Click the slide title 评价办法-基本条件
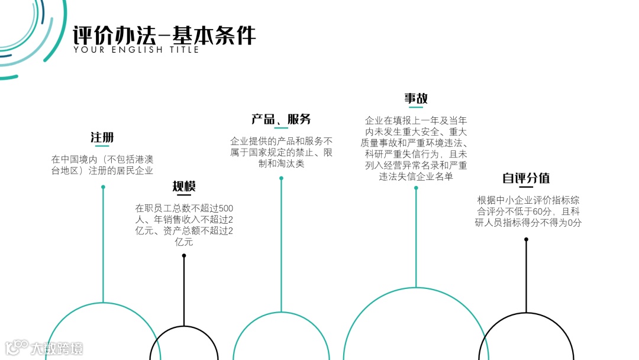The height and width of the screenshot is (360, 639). tap(164, 35)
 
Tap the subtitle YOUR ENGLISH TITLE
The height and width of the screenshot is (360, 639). tap(136, 50)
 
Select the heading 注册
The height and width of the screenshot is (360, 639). tap(102, 137)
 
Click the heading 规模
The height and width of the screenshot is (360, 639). tap(184, 187)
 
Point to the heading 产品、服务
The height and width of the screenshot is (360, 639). tap(281, 119)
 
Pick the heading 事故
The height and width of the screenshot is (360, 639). tap(416, 98)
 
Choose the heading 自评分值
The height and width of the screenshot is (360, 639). tap(526, 178)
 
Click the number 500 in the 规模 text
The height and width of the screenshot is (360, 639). tap(227, 208)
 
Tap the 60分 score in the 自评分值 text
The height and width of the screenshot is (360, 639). tap(540, 211)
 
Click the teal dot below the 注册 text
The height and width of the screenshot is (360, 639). tap(103, 187)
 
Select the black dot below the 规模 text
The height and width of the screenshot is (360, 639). tap(184, 256)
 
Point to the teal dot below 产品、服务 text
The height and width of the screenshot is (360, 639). tap(281, 178)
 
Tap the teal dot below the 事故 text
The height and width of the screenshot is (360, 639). tap(416, 188)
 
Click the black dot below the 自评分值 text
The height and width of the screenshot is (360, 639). tap(526, 239)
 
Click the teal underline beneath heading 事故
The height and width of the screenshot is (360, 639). tap(416, 108)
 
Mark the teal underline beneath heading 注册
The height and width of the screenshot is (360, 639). tap(102, 146)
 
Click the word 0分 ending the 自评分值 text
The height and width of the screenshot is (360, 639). tap(575, 223)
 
